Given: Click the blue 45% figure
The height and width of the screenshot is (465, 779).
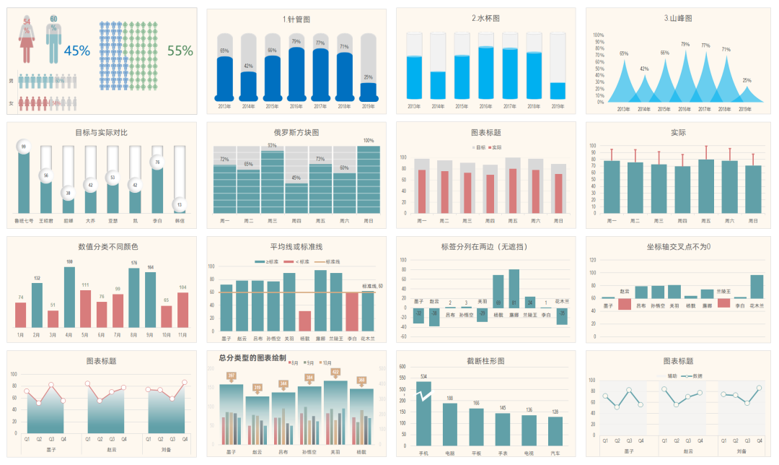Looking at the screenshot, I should [77, 51].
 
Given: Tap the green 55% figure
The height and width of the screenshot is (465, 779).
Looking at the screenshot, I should [180, 51].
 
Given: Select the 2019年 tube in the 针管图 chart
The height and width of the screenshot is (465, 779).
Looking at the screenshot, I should [369, 91].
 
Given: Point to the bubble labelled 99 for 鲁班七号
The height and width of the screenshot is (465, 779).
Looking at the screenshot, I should [24, 147].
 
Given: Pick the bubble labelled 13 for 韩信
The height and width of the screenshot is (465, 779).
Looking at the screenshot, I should [180, 205].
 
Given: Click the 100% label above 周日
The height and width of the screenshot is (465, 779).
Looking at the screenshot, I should [369, 141].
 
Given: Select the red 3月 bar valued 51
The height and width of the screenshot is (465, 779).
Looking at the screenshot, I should [53, 319].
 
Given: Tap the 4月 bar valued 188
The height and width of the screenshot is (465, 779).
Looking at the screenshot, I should [69, 297].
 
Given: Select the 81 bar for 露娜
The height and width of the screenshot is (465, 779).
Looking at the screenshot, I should [514, 289].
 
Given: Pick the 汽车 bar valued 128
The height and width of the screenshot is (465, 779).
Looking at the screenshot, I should [555, 431].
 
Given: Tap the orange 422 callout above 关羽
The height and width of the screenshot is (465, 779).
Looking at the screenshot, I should [335, 373].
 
